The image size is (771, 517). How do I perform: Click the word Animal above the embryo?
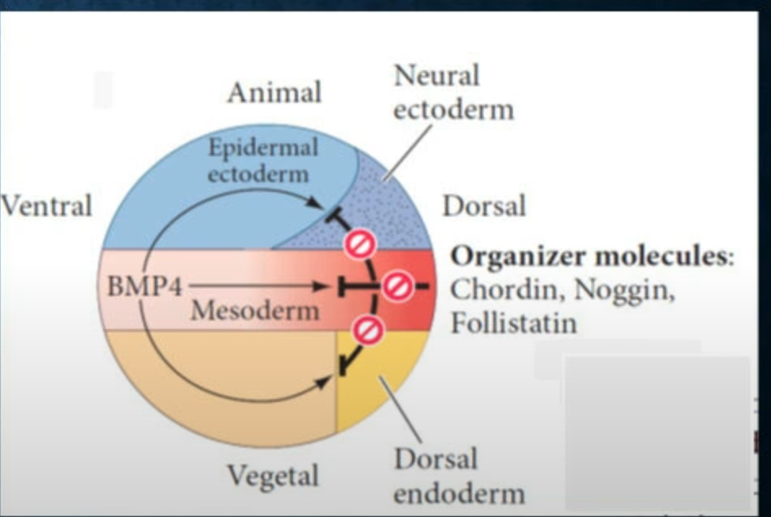274,93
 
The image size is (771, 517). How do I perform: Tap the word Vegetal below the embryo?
273,475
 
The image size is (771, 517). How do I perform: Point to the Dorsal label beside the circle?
484,206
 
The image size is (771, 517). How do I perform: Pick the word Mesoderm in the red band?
255,309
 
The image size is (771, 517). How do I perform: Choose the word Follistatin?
514,322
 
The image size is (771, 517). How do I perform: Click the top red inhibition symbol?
358,243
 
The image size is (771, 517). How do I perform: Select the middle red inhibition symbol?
398,287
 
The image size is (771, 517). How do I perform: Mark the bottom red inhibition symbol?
369,330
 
